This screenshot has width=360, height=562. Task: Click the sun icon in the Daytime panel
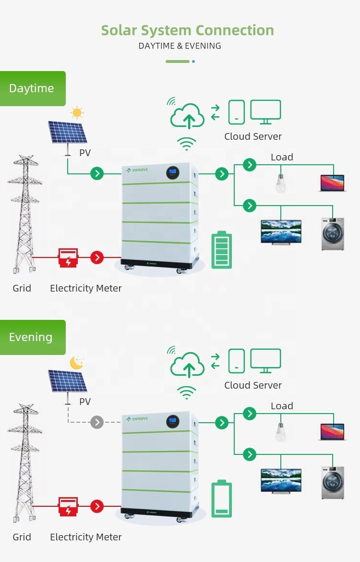[77, 113]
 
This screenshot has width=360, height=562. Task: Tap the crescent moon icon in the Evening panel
[77, 362]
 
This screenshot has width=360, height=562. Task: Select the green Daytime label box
[32, 88]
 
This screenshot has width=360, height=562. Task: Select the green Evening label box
[32, 337]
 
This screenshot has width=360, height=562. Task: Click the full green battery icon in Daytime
[221, 250]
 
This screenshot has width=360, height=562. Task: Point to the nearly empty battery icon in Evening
[221, 499]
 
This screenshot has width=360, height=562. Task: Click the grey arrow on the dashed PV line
[97, 422]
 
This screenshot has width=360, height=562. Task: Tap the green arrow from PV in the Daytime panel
[97, 173]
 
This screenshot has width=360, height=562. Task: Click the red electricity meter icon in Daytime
[68, 257]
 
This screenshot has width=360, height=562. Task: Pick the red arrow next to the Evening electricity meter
[97, 506]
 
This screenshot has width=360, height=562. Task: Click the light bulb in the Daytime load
[281, 182]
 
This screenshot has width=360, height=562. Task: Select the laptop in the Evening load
[333, 432]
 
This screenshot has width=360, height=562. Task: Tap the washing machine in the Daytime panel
[333, 234]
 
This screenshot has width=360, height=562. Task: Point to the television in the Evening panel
[281, 480]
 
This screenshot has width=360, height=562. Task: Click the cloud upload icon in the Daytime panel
[188, 116]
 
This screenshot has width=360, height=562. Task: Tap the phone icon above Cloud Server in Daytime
[236, 112]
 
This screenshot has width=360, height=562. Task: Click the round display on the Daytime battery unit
[173, 172]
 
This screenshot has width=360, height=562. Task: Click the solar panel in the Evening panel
[68, 381]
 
